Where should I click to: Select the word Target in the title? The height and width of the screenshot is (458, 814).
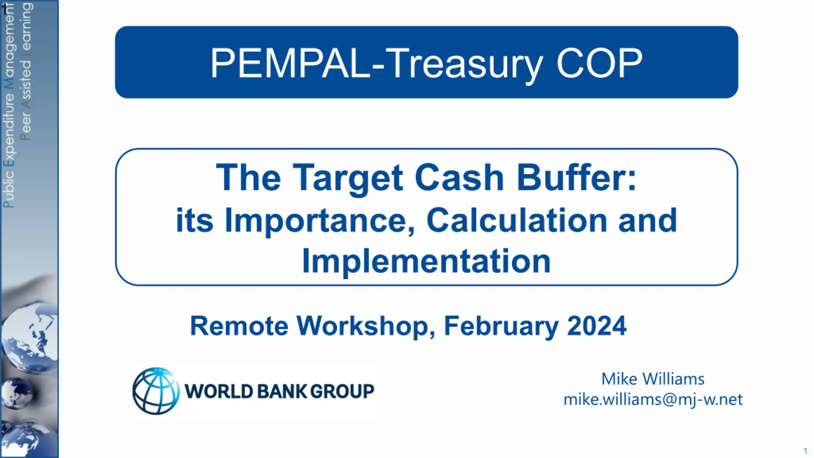coord(348,178)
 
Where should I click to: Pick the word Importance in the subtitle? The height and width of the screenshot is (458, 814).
coord(320,221)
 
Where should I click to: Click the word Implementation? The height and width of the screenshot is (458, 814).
coord(426,261)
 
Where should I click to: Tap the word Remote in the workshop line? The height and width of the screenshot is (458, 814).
coord(239,326)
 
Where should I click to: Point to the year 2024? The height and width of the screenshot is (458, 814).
coord(597,326)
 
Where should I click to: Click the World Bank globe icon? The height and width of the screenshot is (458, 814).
coord(156,391)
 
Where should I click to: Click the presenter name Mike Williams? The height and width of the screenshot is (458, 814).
coord(653,379)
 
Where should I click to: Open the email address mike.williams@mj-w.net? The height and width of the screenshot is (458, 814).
coord(653,399)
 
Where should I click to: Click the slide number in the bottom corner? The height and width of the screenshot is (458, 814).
coord(805,451)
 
